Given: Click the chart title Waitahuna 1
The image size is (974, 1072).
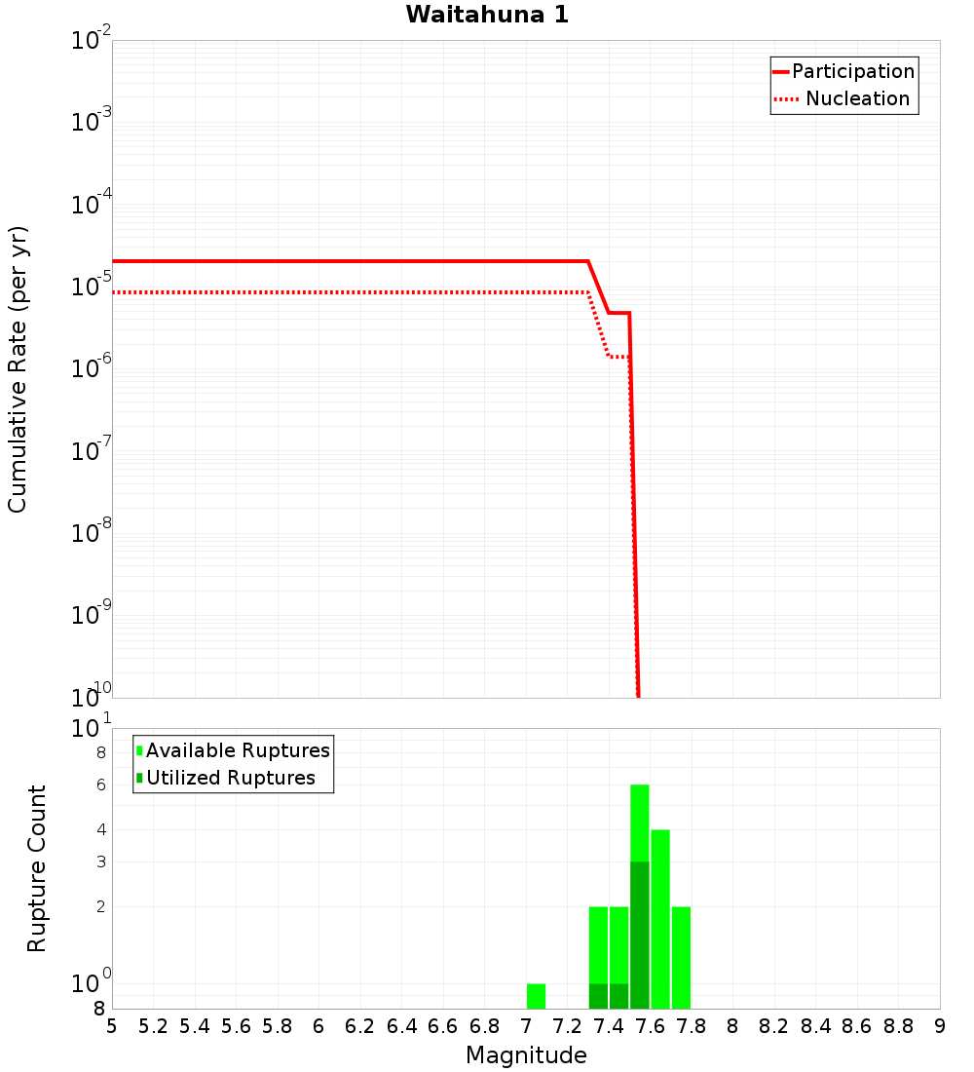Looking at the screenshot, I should click(x=487, y=16).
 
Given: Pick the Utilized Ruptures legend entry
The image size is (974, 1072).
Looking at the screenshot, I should click(x=230, y=778).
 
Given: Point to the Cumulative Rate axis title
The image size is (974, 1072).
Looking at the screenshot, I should click(x=18, y=369).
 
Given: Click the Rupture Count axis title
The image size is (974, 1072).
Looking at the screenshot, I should click(x=37, y=868).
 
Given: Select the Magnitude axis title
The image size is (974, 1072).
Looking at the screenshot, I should click(x=526, y=1055).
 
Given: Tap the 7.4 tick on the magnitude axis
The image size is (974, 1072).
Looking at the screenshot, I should click(x=609, y=1026).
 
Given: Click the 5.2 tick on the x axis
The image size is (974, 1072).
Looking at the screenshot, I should click(x=154, y=1026).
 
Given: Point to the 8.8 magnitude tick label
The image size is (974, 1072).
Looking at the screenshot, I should click(x=898, y=1026).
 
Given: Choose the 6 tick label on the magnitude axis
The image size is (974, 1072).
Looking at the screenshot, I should click(x=318, y=1026).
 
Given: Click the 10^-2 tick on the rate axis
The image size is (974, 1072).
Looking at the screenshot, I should click(x=92, y=41).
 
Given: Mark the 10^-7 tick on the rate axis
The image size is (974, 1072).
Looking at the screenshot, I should click(x=92, y=451).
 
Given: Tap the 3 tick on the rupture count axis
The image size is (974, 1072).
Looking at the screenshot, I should click(x=101, y=861).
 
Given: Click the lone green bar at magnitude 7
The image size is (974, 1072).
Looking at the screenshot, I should click(x=536, y=996).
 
